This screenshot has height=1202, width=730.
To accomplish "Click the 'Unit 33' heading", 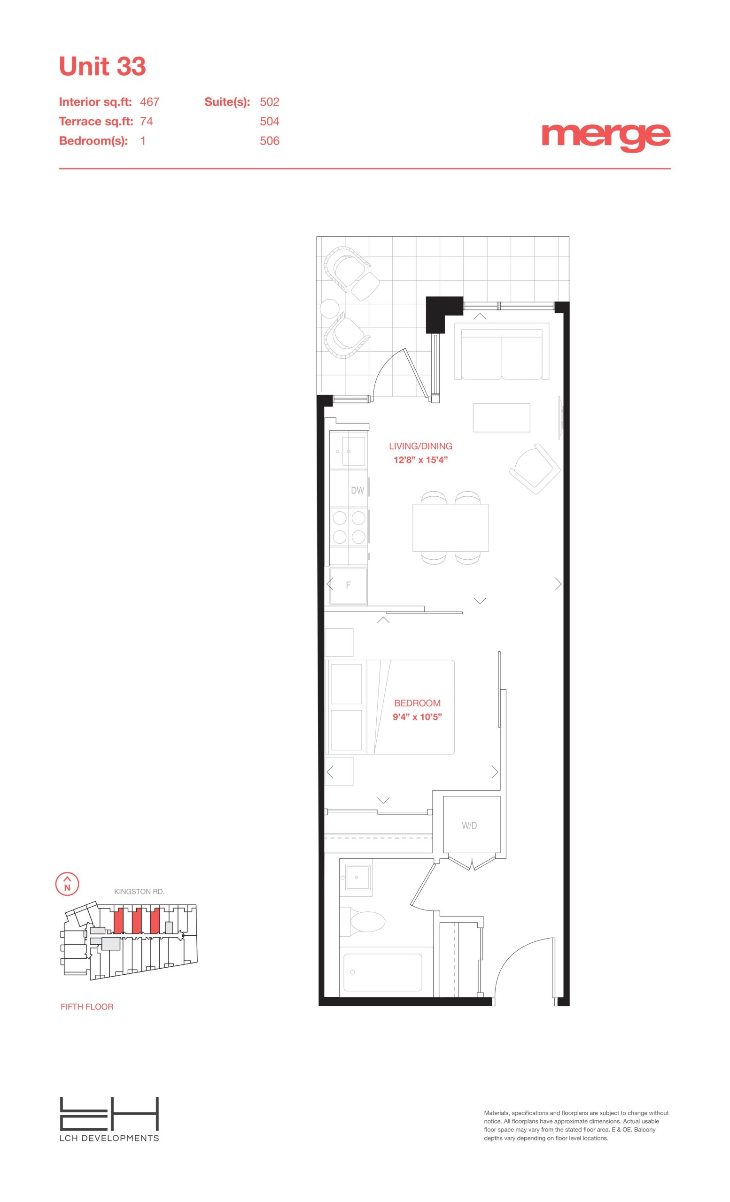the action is pyautogui.click(x=102, y=66).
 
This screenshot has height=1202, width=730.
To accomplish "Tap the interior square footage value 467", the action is pyautogui.click(x=150, y=102).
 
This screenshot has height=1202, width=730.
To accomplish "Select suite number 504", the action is pyautogui.click(x=269, y=122).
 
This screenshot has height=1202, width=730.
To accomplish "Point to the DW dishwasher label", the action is pyautogui.click(x=357, y=490).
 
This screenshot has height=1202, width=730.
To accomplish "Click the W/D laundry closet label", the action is pyautogui.click(x=469, y=825).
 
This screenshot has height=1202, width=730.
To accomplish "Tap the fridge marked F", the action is pyautogui.click(x=349, y=586).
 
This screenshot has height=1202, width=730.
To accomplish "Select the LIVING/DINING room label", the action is pyautogui.click(x=420, y=446).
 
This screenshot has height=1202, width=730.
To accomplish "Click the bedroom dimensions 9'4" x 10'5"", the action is pyautogui.click(x=417, y=717).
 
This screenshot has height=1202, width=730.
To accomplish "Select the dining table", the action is pyautogui.click(x=450, y=528).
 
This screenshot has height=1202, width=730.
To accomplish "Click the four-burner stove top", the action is pyautogui.click(x=349, y=527).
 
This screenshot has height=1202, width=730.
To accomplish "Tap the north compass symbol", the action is pyautogui.click(x=67, y=883).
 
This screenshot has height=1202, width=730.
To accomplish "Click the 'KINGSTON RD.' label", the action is pyautogui.click(x=139, y=891).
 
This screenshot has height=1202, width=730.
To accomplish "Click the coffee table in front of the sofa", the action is pyautogui.click(x=501, y=417).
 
